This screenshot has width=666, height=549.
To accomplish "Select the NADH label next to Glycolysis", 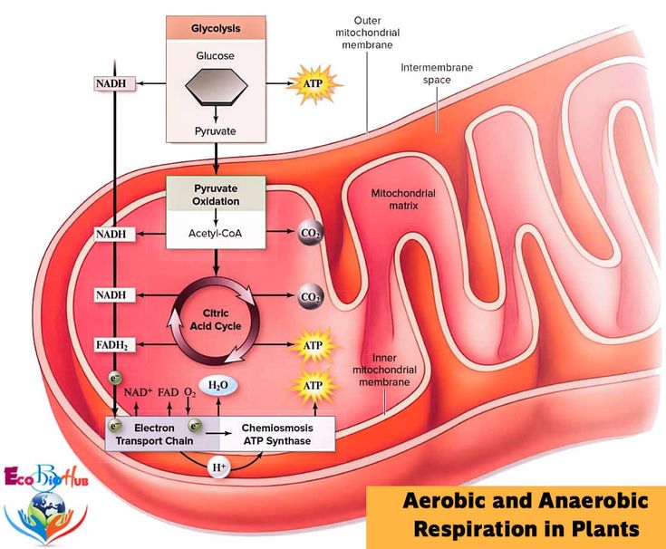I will [114, 84].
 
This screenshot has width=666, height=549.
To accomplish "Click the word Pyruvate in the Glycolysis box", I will [216, 131].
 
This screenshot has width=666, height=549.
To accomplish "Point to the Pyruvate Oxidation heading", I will [216, 194].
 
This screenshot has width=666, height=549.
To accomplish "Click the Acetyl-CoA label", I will [216, 234].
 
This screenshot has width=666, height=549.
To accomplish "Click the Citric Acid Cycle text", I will [216, 320].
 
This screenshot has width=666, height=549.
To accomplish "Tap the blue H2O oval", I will [218, 385].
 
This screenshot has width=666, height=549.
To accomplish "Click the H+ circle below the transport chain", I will [218, 467].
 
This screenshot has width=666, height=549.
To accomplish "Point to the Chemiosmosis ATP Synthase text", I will [276, 434].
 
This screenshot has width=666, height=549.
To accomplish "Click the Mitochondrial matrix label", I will [403, 199].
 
